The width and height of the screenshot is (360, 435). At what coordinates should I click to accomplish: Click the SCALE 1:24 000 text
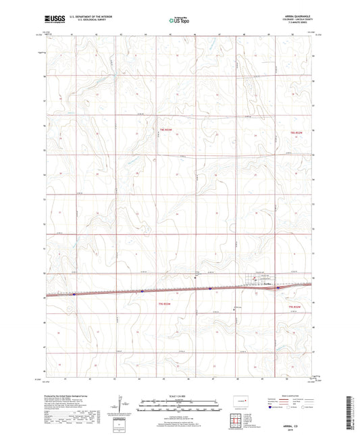pyautogui.click(x=179, y=396)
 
